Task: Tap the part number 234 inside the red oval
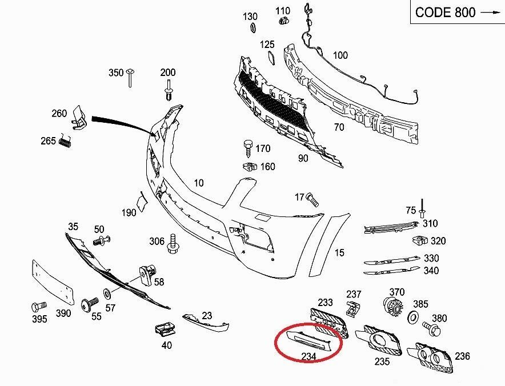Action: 308,357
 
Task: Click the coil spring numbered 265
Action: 66,140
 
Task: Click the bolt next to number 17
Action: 311,198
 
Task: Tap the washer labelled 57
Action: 107,295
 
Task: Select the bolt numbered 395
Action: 38,307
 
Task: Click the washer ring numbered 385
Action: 415,317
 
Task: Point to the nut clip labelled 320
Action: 420,241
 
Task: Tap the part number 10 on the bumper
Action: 198,183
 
